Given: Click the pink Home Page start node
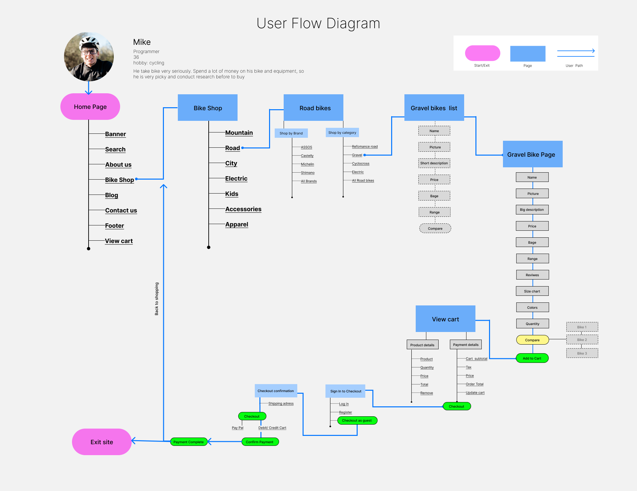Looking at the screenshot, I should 90,107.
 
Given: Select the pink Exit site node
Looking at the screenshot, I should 102,442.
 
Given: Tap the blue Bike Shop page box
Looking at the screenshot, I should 208,108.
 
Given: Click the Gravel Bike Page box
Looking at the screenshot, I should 532,154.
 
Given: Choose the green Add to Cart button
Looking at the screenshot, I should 532,358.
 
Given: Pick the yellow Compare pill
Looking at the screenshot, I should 532,340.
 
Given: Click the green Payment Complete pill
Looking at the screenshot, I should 188,442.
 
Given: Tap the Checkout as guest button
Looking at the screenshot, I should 357,420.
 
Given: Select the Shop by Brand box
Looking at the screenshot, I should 291,133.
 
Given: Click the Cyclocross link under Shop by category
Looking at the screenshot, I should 361,163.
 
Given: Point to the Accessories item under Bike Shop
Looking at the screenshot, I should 243,209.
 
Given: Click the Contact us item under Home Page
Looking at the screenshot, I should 121,210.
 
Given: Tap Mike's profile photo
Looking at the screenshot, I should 89,57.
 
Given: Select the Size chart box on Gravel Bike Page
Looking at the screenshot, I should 532,291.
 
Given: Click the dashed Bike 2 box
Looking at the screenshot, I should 582,340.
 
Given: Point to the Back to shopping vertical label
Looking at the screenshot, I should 157,299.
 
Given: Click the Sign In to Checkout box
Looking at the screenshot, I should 346,391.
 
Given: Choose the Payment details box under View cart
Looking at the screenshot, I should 466,345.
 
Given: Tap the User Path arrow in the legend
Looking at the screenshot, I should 576,51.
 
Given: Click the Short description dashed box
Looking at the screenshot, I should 434,163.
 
